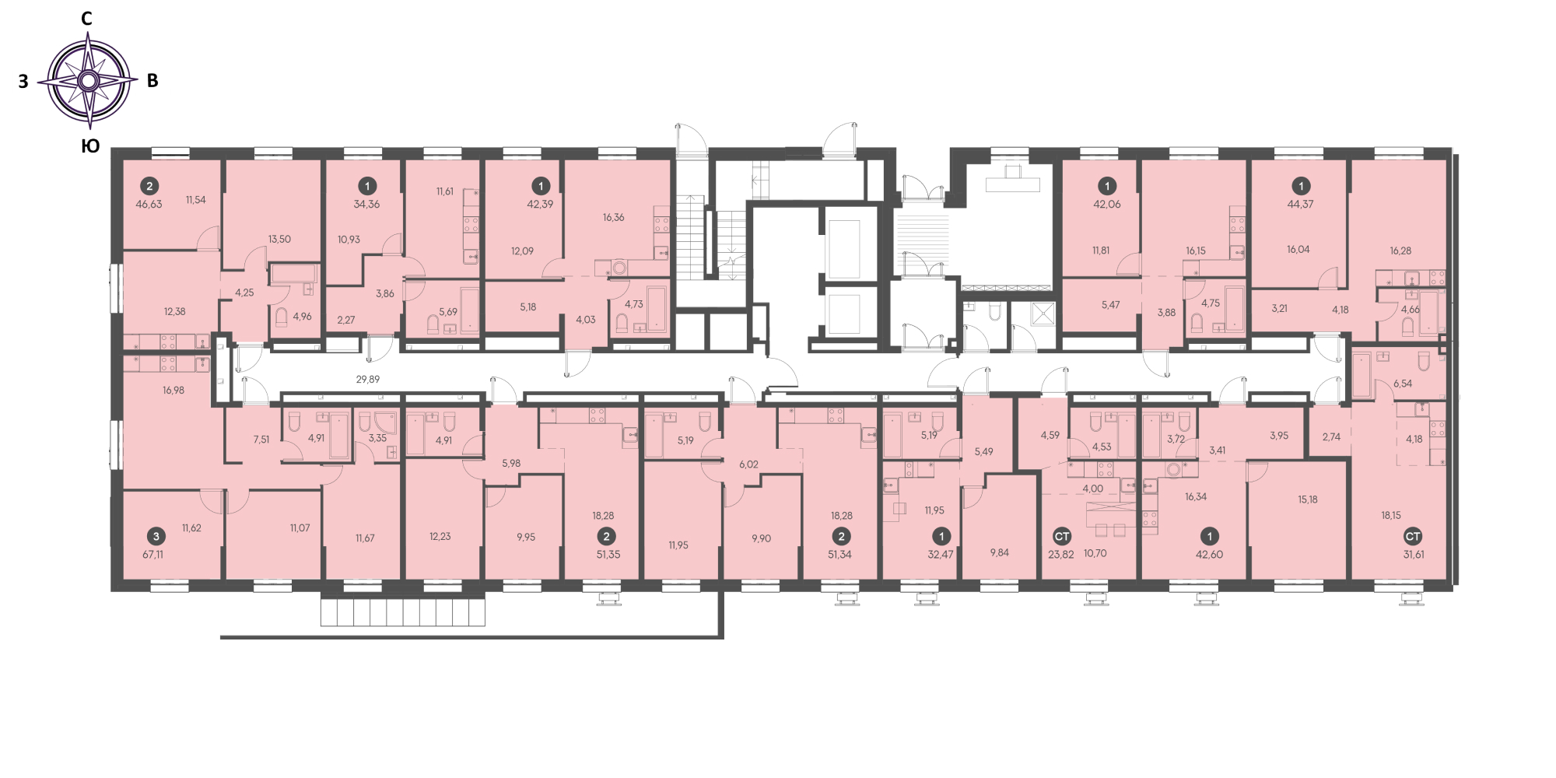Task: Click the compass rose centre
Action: (89, 80)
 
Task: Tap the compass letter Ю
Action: (90, 146)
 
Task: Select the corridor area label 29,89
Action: (368, 380)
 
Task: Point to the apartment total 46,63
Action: (149, 205)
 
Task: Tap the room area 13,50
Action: (279, 240)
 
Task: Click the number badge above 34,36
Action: (367, 186)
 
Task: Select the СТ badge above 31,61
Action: (1413, 536)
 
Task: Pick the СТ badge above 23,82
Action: (1062, 536)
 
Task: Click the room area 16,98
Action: (173, 391)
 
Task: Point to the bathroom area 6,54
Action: (1403, 384)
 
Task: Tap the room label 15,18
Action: (1308, 499)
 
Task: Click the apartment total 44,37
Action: (1300, 205)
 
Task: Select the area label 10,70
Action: (1095, 554)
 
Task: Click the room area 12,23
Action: (440, 537)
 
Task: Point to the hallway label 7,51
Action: (261, 440)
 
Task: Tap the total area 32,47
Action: (941, 555)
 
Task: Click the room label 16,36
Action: (614, 218)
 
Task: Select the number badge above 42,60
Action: (1210, 536)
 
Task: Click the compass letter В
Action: (152, 81)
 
